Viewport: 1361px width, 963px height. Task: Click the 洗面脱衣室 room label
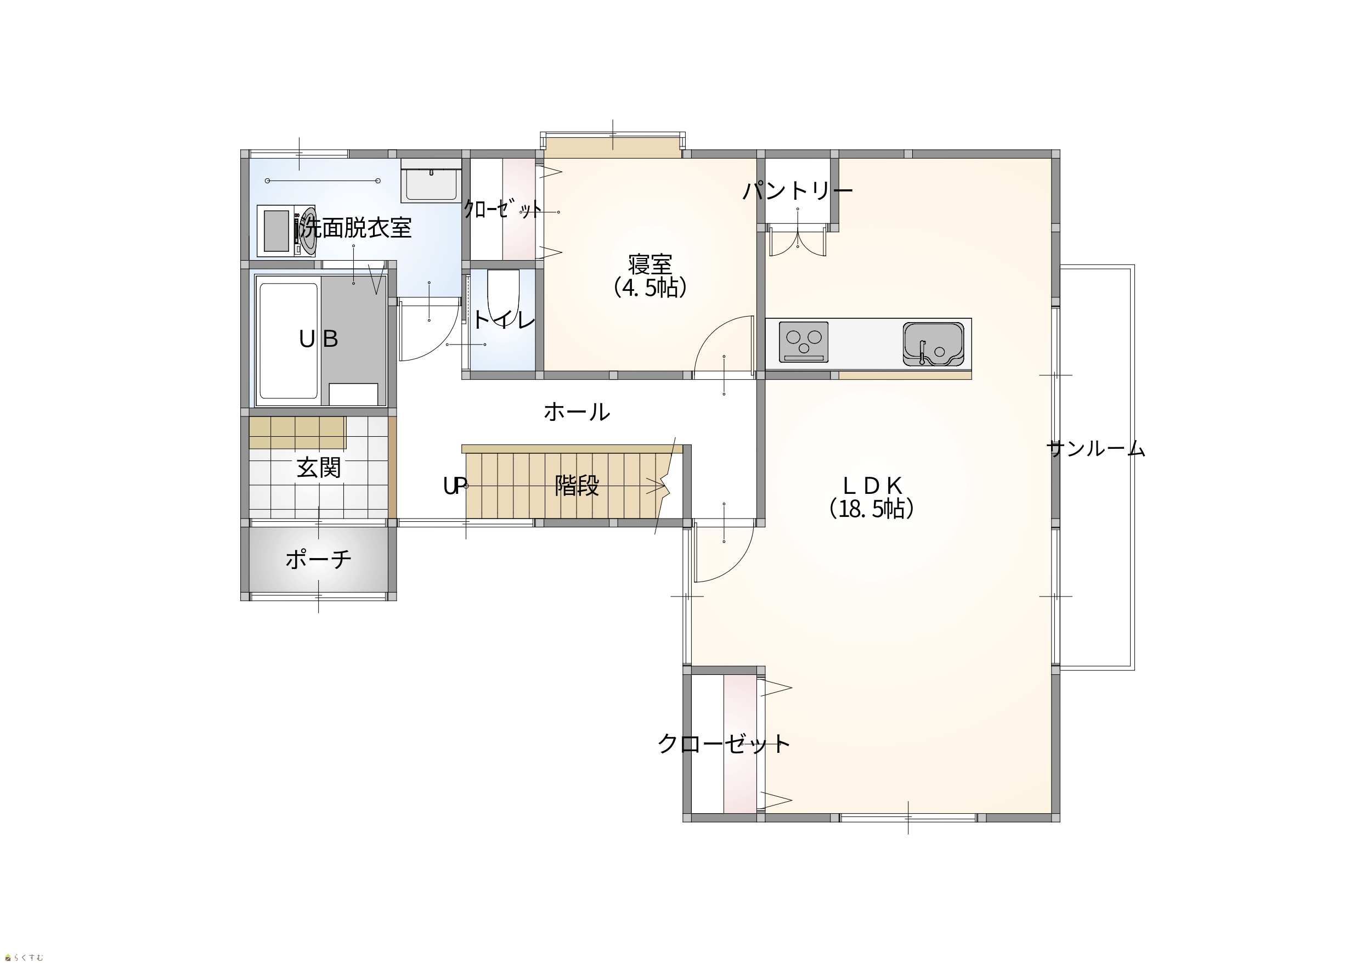pyautogui.click(x=355, y=228)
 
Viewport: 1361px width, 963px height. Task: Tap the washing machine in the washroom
pyautogui.click(x=286, y=230)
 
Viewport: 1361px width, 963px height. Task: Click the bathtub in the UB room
pyautogui.click(x=289, y=340)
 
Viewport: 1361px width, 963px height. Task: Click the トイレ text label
pyautogui.click(x=504, y=320)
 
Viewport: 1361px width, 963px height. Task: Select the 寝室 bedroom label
pyautogui.click(x=650, y=264)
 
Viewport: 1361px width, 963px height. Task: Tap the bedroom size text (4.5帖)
pyautogui.click(x=650, y=288)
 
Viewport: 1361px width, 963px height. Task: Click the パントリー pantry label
pyautogui.click(x=798, y=191)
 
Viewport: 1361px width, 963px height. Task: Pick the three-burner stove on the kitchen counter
pyautogui.click(x=804, y=341)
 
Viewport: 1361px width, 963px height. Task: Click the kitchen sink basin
pyautogui.click(x=934, y=343)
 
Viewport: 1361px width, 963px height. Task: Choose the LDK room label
pyautogui.click(x=872, y=486)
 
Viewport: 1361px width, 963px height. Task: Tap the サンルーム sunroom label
pyautogui.click(x=1096, y=449)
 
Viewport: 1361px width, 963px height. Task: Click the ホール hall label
pyautogui.click(x=577, y=412)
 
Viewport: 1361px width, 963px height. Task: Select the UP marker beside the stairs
pyautogui.click(x=455, y=486)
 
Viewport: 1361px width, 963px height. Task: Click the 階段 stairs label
pyautogui.click(x=577, y=486)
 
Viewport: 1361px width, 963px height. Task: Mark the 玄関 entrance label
pyautogui.click(x=319, y=468)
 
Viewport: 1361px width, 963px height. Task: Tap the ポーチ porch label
pyautogui.click(x=318, y=559)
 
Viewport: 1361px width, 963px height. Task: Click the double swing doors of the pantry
pyautogui.click(x=798, y=240)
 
